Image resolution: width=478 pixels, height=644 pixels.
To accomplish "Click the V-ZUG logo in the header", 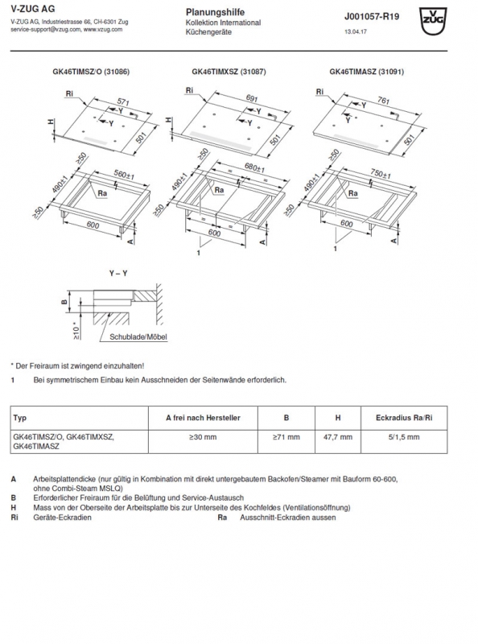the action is (433, 22).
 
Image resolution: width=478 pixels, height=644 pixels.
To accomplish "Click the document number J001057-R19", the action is (372, 17).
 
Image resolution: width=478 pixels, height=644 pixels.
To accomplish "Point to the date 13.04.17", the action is (356, 31).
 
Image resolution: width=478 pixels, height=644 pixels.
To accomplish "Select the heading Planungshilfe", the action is (215, 12).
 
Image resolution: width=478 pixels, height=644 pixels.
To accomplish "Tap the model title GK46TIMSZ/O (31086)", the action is (91, 72).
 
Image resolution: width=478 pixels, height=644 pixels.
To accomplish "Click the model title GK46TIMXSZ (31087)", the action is (229, 72).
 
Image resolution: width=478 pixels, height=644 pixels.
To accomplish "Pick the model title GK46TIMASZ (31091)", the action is (367, 72).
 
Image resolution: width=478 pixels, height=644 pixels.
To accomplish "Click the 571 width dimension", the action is (123, 102).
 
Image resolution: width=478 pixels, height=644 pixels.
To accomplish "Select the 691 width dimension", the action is (252, 98).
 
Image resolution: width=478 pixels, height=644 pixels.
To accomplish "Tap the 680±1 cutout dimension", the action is (254, 167).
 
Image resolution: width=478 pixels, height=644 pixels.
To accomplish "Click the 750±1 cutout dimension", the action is (381, 174).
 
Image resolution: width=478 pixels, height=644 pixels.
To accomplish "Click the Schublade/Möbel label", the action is (138, 336).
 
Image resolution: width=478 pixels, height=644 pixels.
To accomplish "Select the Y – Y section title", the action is (118, 273).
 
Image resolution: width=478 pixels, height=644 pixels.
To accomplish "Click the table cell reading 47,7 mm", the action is (338, 437).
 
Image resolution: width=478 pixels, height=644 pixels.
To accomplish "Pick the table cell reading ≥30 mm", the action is (203, 437).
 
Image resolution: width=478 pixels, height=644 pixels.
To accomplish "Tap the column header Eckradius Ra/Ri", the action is (404, 418).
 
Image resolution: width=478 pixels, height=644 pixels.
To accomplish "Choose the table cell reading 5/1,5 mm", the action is (404, 437).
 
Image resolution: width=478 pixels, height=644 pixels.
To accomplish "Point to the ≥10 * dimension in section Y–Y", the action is (76, 330).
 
